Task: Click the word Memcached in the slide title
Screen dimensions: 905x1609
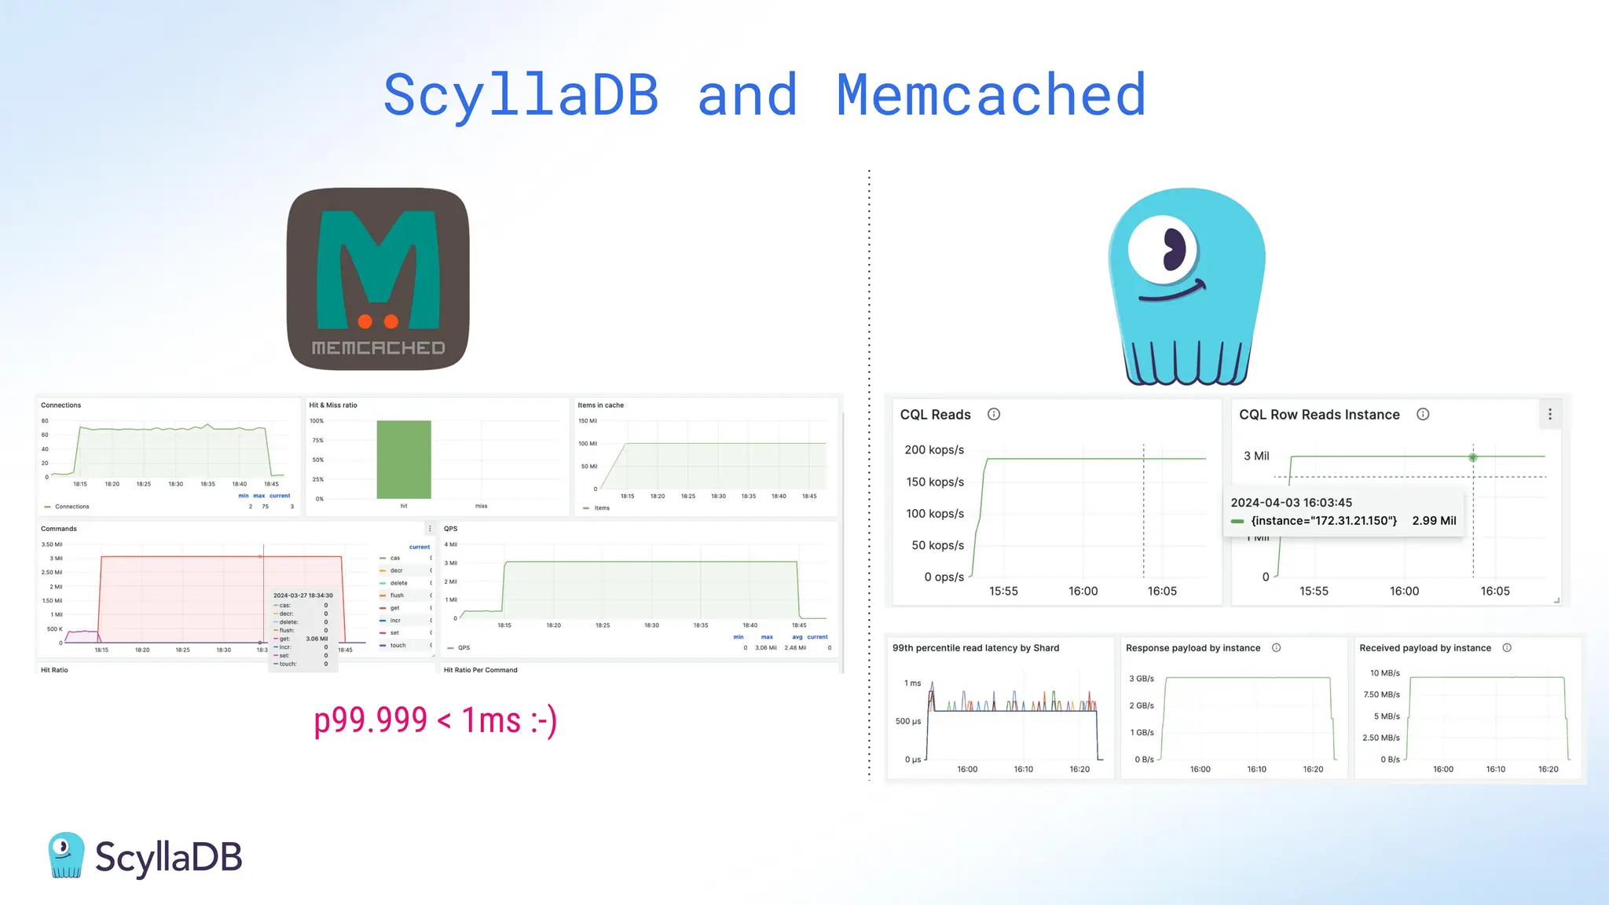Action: click(x=991, y=95)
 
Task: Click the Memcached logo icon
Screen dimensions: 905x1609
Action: click(x=378, y=279)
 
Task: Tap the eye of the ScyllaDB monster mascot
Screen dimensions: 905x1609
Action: click(x=1164, y=251)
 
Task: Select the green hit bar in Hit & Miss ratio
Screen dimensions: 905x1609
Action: click(x=404, y=460)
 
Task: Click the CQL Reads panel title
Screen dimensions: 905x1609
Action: click(x=935, y=415)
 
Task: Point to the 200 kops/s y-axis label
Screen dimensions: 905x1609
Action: click(x=934, y=450)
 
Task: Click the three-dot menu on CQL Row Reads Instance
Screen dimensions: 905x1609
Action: click(x=1549, y=414)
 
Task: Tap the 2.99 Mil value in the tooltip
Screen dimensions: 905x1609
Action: click(x=1434, y=521)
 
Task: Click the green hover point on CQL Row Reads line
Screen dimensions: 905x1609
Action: click(x=1473, y=457)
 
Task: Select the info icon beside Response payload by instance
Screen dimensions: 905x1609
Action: click(x=1277, y=648)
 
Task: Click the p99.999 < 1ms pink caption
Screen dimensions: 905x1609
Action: click(x=435, y=720)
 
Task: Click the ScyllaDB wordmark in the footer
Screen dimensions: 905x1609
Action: click(x=168, y=857)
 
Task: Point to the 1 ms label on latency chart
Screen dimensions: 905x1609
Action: click(x=912, y=683)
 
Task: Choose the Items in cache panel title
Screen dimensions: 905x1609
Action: click(x=601, y=405)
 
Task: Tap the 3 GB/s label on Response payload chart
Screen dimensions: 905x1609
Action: click(x=1142, y=679)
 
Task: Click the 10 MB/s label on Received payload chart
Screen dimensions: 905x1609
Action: click(x=1385, y=673)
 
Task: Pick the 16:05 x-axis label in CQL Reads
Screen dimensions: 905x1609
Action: click(x=1162, y=592)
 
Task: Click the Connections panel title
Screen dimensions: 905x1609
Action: click(x=61, y=405)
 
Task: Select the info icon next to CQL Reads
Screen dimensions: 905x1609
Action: click(x=994, y=414)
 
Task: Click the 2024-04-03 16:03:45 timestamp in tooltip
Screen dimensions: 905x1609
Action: click(x=1292, y=503)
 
